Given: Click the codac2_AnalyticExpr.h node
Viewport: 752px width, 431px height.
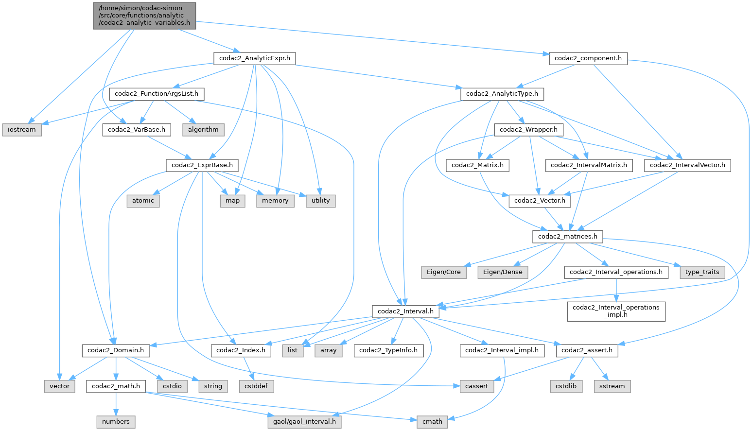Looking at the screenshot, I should point(254,58).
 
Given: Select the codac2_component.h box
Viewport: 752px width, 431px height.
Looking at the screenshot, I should point(588,58).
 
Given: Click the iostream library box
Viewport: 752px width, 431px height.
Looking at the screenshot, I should point(22,130).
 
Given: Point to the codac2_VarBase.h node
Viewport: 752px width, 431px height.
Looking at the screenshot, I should point(137,130).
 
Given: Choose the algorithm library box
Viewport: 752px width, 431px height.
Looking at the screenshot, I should point(203,130).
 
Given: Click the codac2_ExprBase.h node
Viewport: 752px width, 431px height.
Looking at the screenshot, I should point(202,165).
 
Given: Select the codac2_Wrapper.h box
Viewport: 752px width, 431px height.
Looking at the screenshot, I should point(529,130).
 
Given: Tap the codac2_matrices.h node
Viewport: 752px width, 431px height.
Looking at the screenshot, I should point(567,237).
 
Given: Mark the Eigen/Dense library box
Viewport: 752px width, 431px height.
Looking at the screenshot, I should point(502,272).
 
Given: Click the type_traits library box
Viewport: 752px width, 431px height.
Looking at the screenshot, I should point(701,272).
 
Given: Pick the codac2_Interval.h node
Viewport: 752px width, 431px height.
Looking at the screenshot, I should point(405,311).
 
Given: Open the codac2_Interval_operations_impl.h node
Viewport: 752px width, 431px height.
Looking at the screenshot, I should point(616,311).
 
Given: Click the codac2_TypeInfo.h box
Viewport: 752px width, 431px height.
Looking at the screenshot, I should point(388,350).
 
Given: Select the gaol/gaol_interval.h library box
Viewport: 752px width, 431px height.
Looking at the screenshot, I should point(304,422).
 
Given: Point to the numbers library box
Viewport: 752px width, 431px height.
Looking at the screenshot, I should point(116,422).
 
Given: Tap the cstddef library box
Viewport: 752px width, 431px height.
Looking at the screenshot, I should point(256,386).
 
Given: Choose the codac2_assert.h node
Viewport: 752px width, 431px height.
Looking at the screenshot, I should point(587,350).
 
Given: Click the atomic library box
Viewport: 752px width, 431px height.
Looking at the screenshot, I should point(143,201).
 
